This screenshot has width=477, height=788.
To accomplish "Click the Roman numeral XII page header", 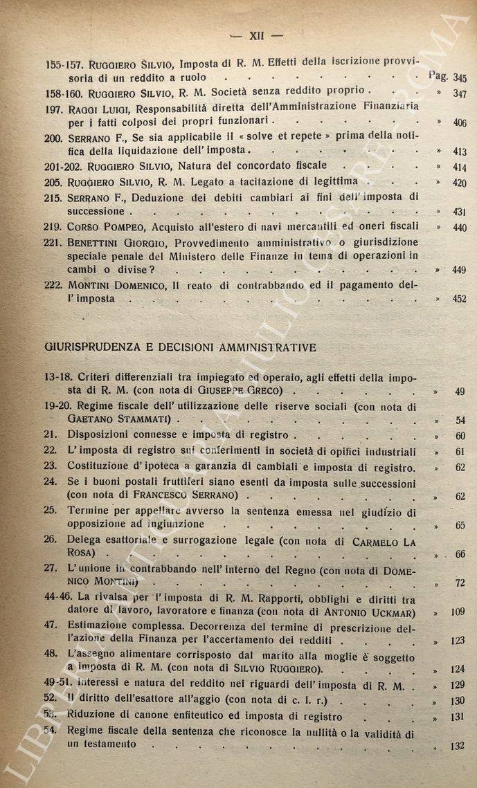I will point(247,35).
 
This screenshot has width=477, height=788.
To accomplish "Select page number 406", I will point(459,123).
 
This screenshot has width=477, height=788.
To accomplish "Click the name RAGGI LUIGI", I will point(101,109).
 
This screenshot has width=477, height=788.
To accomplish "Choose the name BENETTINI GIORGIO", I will point(122,243).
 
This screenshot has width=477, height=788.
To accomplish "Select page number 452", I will point(459,300).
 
